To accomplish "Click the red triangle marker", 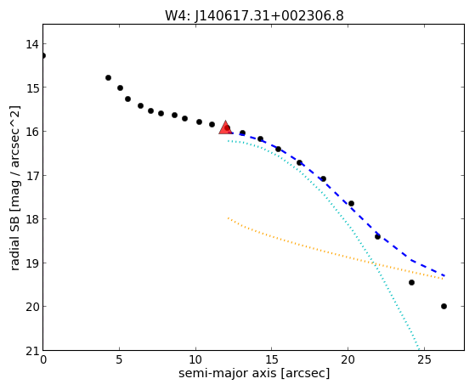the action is click(x=225, y=128).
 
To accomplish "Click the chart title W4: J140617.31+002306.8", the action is click(x=254, y=15).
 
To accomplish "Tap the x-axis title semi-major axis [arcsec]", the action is click(x=254, y=373).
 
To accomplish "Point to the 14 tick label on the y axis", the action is click(x=31, y=44).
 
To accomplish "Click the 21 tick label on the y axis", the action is click(x=31, y=351).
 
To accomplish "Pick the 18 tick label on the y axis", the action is click(x=31, y=219).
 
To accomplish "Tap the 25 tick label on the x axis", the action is click(x=424, y=360).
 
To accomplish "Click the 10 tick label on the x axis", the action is click(x=195, y=360).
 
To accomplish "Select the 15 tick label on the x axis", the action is click(x=272, y=360).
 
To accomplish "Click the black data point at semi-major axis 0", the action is click(x=43, y=55).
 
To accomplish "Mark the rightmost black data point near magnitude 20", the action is click(x=444, y=307).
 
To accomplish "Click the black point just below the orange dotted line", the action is click(x=411, y=282).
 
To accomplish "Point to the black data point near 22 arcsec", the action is click(x=377, y=236).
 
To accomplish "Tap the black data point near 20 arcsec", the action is click(x=351, y=203).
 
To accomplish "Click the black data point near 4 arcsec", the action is click(x=108, y=78).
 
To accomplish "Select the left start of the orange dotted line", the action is click(x=228, y=218).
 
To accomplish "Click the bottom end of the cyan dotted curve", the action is click(x=419, y=349).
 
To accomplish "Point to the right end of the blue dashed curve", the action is click(x=444, y=275).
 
